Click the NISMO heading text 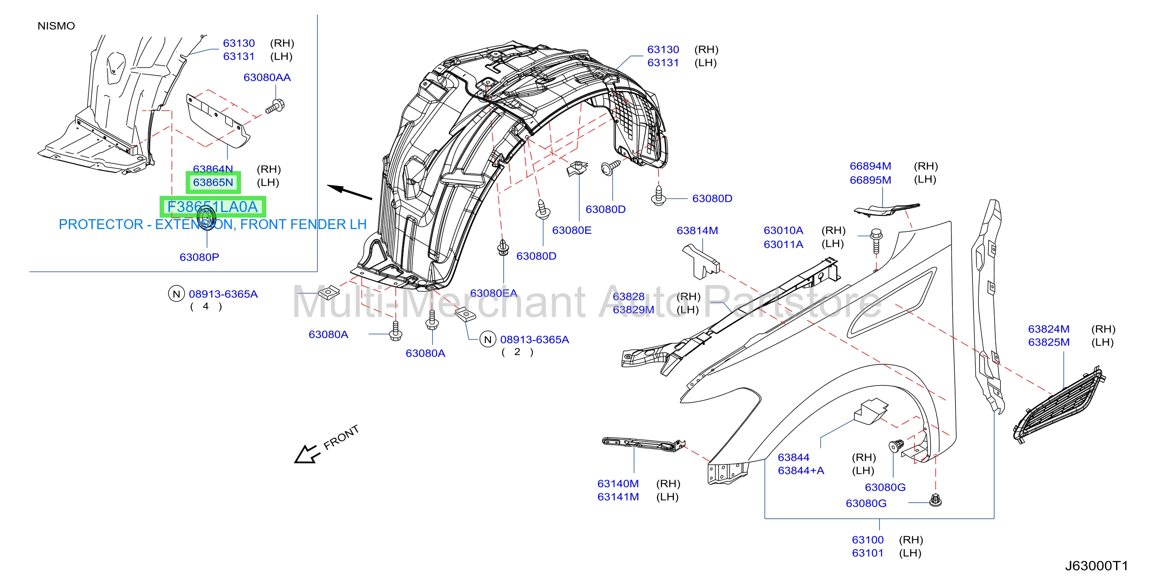(56, 26)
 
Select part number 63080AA (267, 77)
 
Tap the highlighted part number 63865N (213, 182)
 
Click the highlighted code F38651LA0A (213, 207)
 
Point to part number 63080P (199, 257)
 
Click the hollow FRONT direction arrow (305, 454)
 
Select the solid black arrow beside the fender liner (349, 192)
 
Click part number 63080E (571, 230)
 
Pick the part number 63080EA (494, 293)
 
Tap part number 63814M (697, 231)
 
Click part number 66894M (870, 166)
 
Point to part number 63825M (1048, 342)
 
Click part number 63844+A (801, 471)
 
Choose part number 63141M (618, 497)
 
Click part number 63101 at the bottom (868, 553)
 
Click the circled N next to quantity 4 (176, 294)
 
